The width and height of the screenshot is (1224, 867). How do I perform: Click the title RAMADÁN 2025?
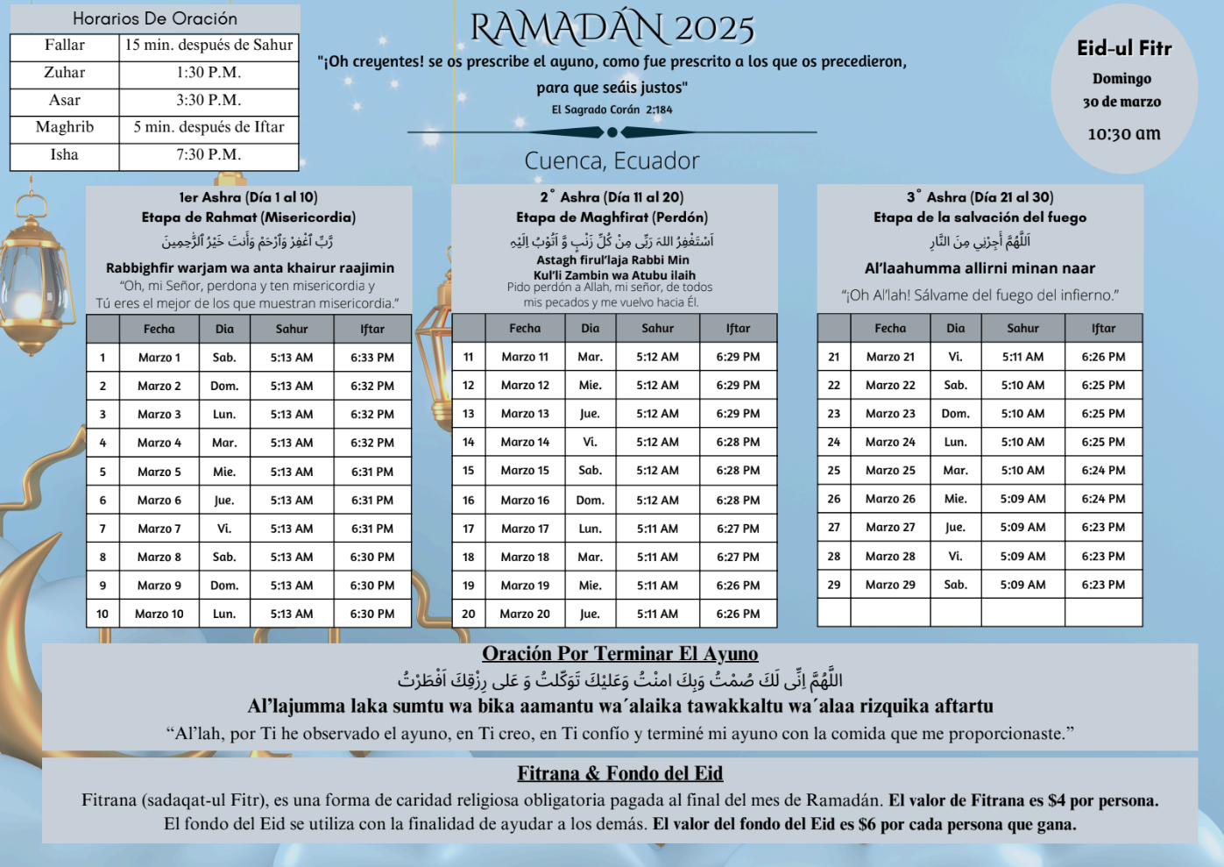[x=612, y=28]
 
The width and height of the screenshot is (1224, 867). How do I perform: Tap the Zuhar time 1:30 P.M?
[x=209, y=73]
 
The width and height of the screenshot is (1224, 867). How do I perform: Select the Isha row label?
[x=64, y=155]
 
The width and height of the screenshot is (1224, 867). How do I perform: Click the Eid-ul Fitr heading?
[x=1124, y=48]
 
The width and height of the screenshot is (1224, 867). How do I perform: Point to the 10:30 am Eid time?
[x=1124, y=134]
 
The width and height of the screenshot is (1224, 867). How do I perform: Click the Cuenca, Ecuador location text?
[x=612, y=161]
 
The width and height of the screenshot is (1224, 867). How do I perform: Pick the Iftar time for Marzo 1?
[x=372, y=358]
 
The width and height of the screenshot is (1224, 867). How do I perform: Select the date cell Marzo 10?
[x=159, y=614]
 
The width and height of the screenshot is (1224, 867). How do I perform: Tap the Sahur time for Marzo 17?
[x=657, y=529]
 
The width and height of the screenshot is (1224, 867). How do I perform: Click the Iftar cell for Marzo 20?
[x=738, y=614]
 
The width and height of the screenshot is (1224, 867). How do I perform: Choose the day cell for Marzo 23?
[x=955, y=414]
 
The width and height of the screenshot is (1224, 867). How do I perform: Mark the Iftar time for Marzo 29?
[x=1103, y=585]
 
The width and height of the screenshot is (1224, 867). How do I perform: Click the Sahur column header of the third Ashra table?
[x=1022, y=329]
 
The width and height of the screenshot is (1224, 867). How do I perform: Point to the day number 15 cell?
[x=469, y=471]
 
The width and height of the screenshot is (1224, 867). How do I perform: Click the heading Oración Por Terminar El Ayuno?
[x=619, y=654]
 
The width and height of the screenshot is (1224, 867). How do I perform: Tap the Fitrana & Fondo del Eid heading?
[x=619, y=773]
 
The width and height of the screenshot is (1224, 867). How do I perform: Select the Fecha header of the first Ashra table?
[x=159, y=330]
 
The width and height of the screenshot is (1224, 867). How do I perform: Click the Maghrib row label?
[x=64, y=127]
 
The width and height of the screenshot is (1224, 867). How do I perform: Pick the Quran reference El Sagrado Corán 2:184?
[x=612, y=110]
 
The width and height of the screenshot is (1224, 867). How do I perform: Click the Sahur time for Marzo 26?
[x=1022, y=499]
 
